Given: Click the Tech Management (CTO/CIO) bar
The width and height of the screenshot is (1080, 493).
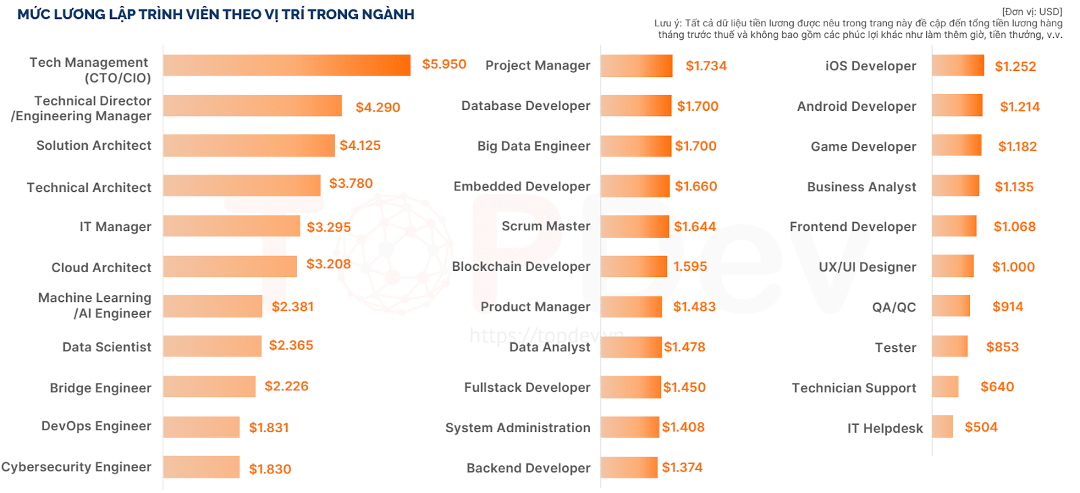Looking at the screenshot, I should click(x=286, y=66).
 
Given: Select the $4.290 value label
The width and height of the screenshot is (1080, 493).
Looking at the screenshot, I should click(x=377, y=107).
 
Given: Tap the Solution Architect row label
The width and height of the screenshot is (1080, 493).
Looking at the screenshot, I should click(x=94, y=146).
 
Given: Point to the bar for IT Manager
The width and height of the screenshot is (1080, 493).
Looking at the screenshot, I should click(x=231, y=226).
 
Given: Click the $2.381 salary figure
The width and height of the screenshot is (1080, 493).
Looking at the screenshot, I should click(x=292, y=307).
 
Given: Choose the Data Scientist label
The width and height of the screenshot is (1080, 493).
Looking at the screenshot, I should click(x=107, y=347).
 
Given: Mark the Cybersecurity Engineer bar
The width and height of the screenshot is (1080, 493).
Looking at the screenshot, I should click(x=201, y=467).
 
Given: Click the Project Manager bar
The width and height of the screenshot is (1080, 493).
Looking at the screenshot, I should click(x=636, y=66).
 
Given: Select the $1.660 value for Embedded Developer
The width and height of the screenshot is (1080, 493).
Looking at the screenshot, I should click(x=696, y=186).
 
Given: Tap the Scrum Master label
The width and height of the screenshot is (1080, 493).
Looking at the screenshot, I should click(x=545, y=226).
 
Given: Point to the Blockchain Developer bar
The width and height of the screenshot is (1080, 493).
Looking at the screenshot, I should click(x=633, y=266).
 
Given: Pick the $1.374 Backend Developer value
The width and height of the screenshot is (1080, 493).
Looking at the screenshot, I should click(x=682, y=467).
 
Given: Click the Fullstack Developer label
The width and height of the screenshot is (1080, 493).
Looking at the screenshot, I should click(x=526, y=388).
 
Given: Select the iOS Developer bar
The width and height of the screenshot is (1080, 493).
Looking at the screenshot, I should click(x=957, y=66).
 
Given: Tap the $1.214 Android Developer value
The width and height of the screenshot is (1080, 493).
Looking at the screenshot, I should click(x=1019, y=107).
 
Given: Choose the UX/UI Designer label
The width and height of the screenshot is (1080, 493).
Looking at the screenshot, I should click(x=867, y=267).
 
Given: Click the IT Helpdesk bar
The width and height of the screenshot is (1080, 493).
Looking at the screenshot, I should click(x=942, y=427).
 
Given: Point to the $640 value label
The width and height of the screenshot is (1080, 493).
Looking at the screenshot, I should click(x=997, y=387).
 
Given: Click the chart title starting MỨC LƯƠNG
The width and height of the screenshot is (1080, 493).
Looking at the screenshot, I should click(x=215, y=14).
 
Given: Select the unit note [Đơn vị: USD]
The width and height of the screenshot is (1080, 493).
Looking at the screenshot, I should click(x=1031, y=11).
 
